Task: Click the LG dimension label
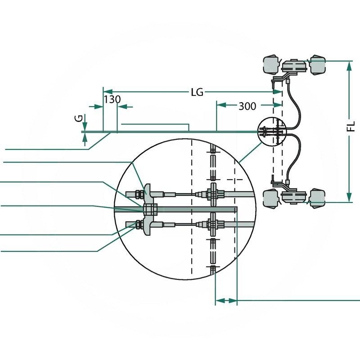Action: click(197, 92)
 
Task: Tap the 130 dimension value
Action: click(112, 99)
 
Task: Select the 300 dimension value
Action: click(247, 106)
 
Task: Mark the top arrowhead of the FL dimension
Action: click(349, 65)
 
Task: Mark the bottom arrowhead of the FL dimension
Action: click(349, 198)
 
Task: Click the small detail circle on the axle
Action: click(272, 131)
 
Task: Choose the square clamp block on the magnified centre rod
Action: click(150, 209)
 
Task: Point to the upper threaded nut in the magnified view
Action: click(135, 194)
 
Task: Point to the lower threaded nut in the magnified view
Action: click(134, 223)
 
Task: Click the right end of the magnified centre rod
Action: click(235, 209)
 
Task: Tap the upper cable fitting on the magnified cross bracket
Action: click(213, 194)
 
